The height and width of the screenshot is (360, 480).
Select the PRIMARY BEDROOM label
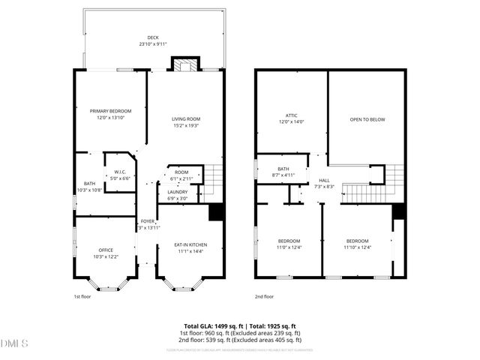[x=110, y=111]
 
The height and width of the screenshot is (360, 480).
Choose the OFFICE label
[x=106, y=250]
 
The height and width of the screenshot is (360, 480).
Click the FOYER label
[x=148, y=221]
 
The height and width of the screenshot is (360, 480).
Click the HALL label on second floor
[x=325, y=181]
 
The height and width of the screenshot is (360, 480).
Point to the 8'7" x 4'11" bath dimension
[x=283, y=175]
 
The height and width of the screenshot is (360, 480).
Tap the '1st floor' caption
[x=82, y=296]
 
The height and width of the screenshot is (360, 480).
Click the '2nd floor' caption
[x=264, y=296]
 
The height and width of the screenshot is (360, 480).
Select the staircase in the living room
[x=215, y=178]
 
